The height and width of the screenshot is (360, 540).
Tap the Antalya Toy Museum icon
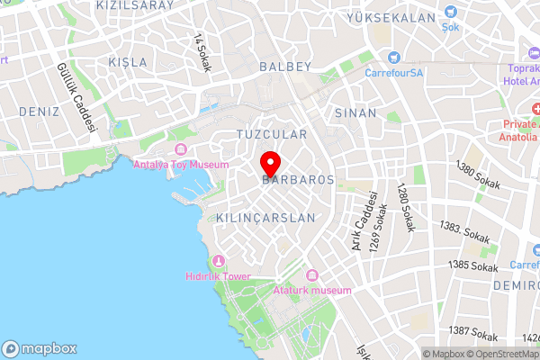pos(180,149)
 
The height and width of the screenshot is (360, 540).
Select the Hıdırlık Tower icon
pos(216,261)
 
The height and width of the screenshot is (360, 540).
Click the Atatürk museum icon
pos(312,275)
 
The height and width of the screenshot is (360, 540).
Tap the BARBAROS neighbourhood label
pos(298,180)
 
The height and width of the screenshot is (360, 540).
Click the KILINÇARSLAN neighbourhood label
pos(266,219)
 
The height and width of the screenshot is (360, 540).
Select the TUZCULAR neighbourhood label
pos(271,134)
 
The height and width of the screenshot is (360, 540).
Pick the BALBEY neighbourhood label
pos(284,67)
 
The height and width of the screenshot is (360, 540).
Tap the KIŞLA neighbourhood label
pos(126,62)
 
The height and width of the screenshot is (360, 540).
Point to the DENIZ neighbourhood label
pos(38,112)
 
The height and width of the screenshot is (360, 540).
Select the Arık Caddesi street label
pos(369,220)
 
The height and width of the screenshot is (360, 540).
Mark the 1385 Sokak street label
pos(474,266)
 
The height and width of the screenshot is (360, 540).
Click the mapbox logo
pos(40,348)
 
